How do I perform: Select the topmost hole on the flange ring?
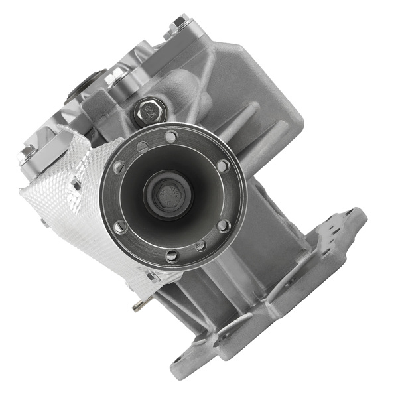pos(170,137)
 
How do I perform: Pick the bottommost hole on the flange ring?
pos(173,255)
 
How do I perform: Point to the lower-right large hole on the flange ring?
pos(224,226)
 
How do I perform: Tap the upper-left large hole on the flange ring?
pos(120,167)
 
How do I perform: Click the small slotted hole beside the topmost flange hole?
pos(143,147)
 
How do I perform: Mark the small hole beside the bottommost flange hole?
pos(201,245)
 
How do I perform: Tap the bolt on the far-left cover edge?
pos(27,155)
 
